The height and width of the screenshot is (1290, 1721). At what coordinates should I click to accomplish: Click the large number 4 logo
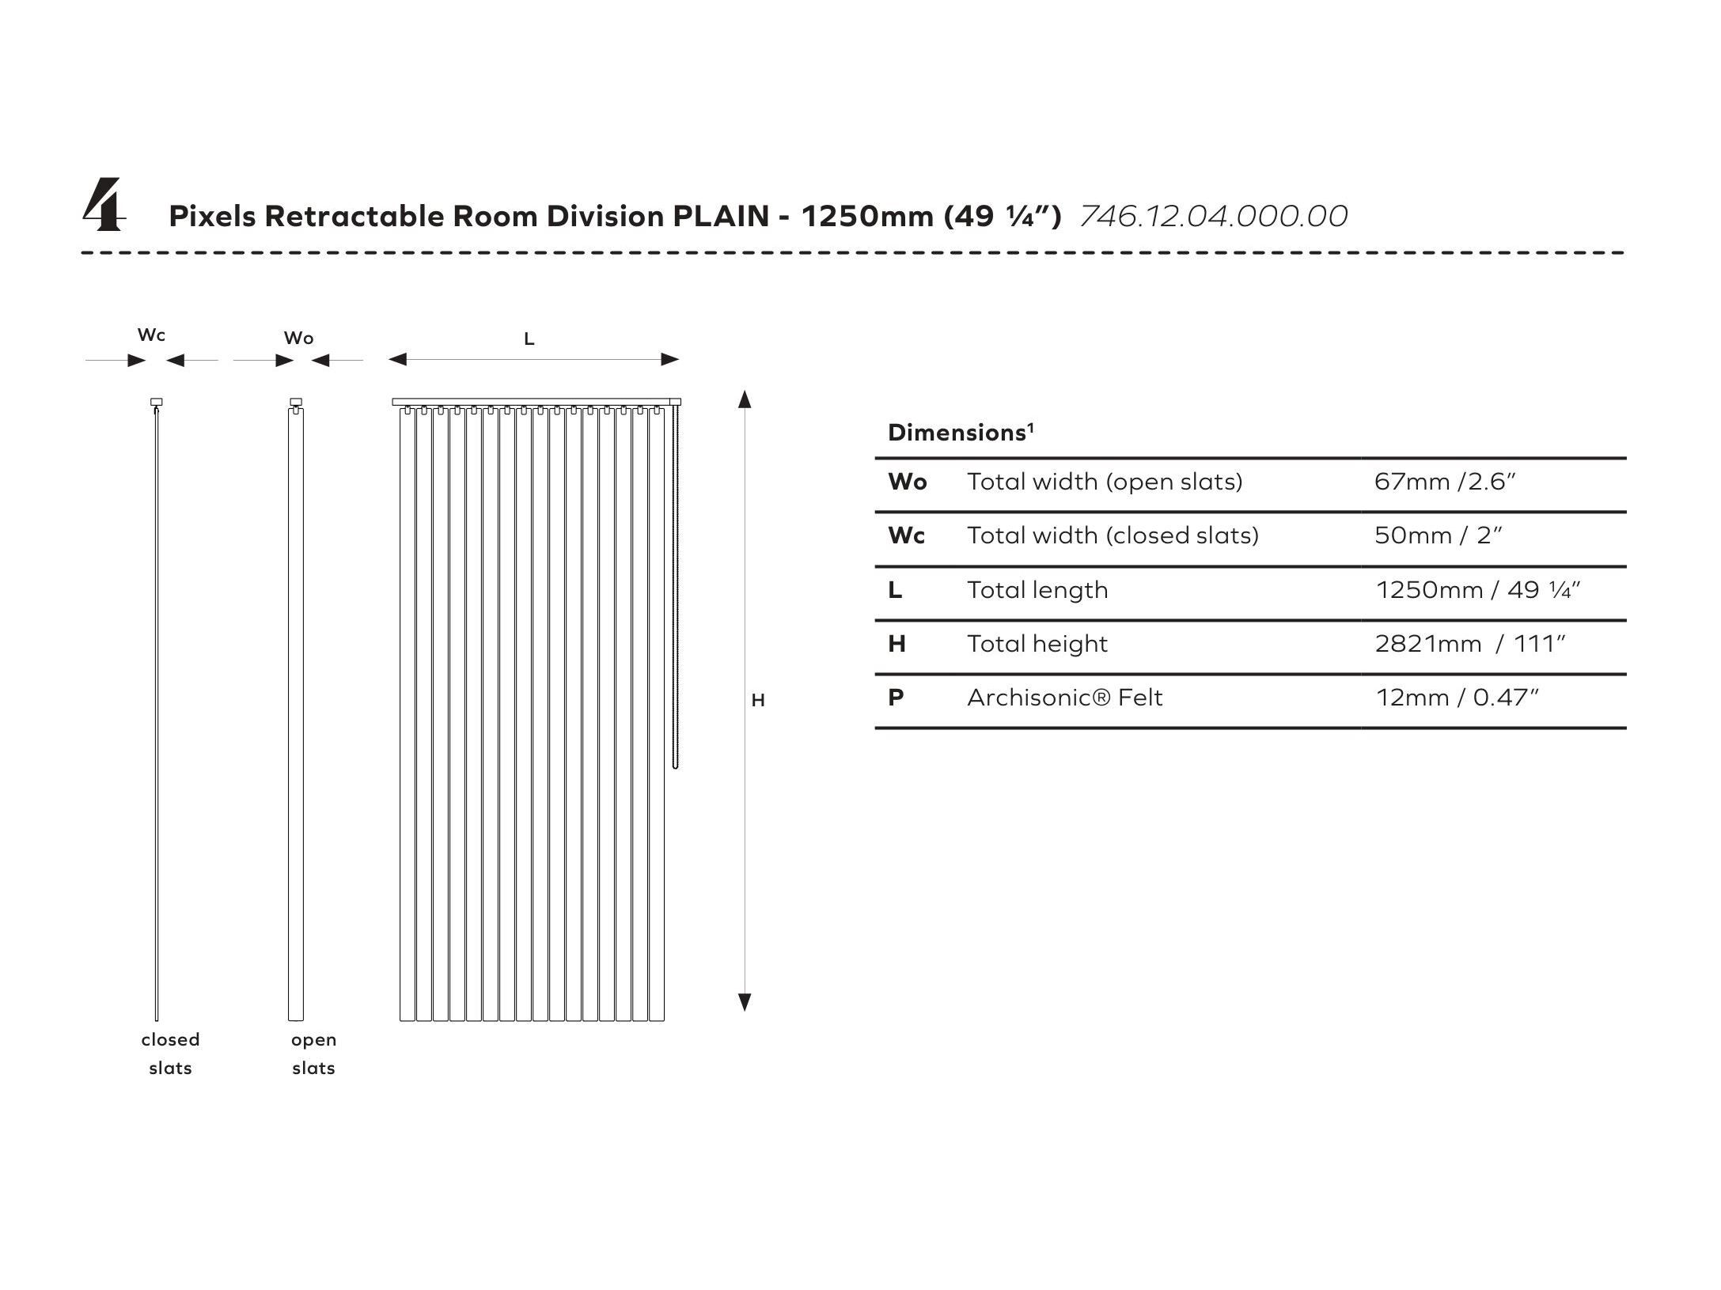(103, 206)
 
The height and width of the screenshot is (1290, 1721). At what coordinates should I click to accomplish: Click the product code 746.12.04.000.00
(1213, 216)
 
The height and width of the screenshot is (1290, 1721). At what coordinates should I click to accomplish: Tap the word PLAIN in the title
(720, 216)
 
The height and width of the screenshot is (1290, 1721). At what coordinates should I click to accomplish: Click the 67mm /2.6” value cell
(1445, 482)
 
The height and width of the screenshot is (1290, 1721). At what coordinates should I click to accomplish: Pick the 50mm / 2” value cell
(1438, 535)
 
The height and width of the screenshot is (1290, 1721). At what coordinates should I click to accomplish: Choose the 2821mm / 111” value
(1469, 644)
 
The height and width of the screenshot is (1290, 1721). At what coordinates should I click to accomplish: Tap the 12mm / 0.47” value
(1457, 698)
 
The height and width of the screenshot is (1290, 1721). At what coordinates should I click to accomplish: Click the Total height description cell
(1037, 644)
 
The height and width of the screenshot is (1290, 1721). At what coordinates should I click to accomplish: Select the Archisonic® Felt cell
(1064, 698)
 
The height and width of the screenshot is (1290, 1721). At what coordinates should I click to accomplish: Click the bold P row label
(896, 698)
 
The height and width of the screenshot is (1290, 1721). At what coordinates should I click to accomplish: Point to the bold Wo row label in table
(907, 482)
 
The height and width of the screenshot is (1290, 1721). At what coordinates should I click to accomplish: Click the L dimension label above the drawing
(529, 339)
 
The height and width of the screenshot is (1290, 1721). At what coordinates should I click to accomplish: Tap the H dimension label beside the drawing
(758, 701)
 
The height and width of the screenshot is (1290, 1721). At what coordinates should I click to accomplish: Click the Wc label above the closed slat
(151, 335)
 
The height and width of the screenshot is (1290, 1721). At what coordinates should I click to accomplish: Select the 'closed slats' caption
(170, 1054)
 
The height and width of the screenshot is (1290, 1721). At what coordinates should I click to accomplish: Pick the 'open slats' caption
(313, 1054)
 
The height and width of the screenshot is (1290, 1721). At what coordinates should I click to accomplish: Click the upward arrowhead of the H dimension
(745, 399)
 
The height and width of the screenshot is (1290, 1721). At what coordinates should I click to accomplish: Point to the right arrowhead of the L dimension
(670, 360)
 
